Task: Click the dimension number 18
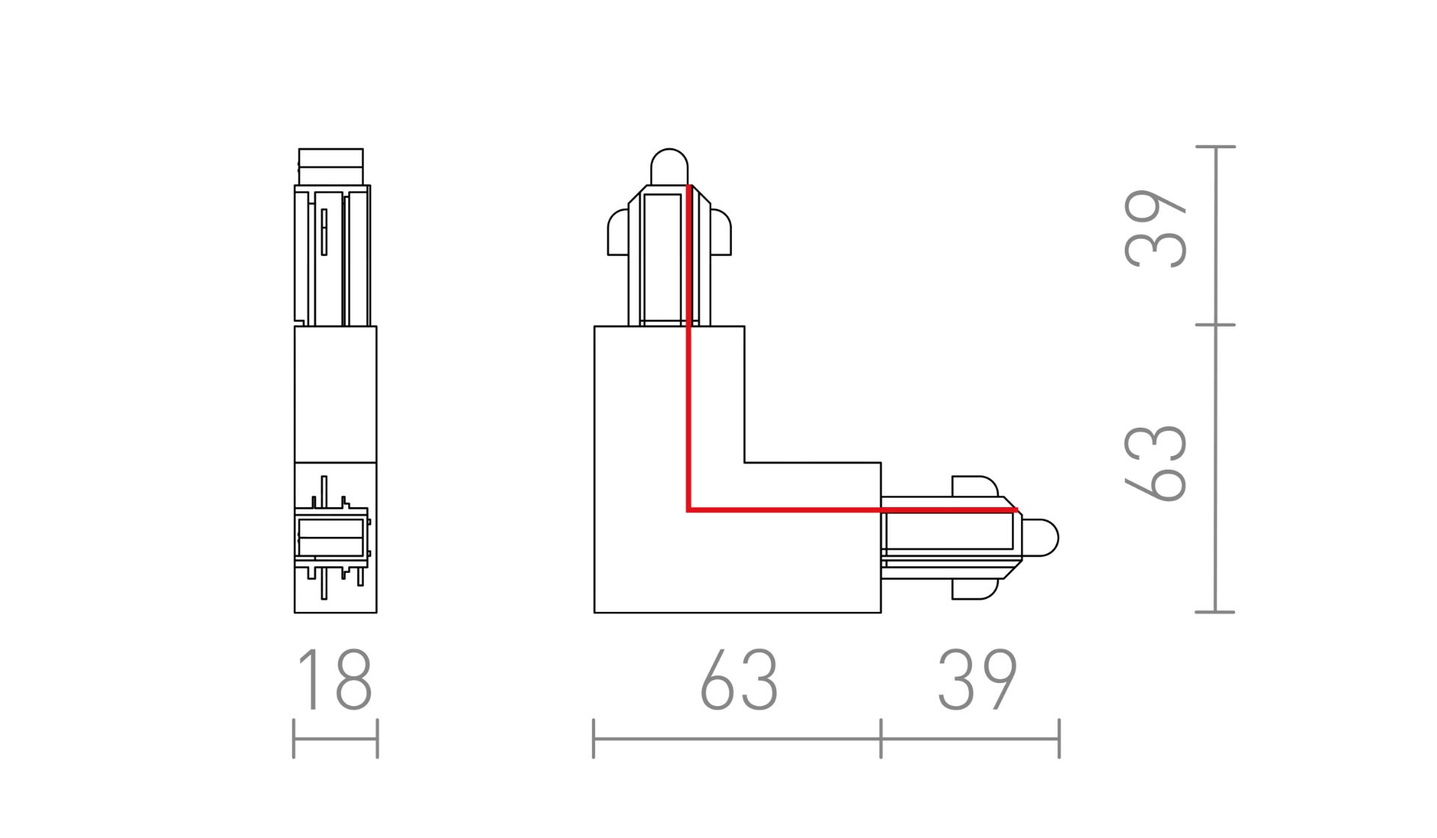pos(335,679)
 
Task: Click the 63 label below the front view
pos(739,679)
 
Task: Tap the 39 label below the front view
pos(977,679)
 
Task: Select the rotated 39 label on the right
pos(1156,228)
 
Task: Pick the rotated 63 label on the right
pos(1156,462)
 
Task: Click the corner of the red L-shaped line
pos(689,510)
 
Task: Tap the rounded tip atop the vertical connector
pos(669,166)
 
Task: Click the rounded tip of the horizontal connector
pos(1041,538)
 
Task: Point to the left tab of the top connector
pos(617,232)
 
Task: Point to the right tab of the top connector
pos(721,232)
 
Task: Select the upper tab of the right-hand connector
pos(974,485)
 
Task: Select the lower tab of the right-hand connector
pos(974,589)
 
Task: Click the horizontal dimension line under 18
pos(335,739)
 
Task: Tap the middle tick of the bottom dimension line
pos(881,738)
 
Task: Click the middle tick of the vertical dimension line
pos(1215,325)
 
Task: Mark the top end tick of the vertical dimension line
pos(1215,147)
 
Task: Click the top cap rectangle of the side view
pos(331,166)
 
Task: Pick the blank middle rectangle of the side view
pos(335,394)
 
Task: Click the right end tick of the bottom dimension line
pos(1059,738)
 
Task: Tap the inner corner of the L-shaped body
pos(745,463)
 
